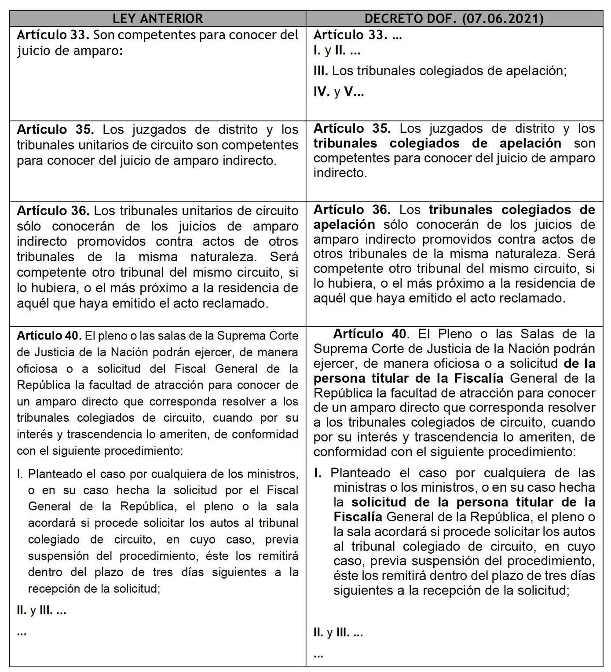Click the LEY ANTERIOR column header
157,18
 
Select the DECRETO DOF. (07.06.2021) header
454,18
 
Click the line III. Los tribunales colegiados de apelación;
440,71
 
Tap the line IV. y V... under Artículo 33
339,91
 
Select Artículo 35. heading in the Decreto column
352,128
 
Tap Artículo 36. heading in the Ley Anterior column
53,211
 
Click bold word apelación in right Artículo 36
344,224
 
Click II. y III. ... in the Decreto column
338,633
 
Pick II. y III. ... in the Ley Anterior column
41,610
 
